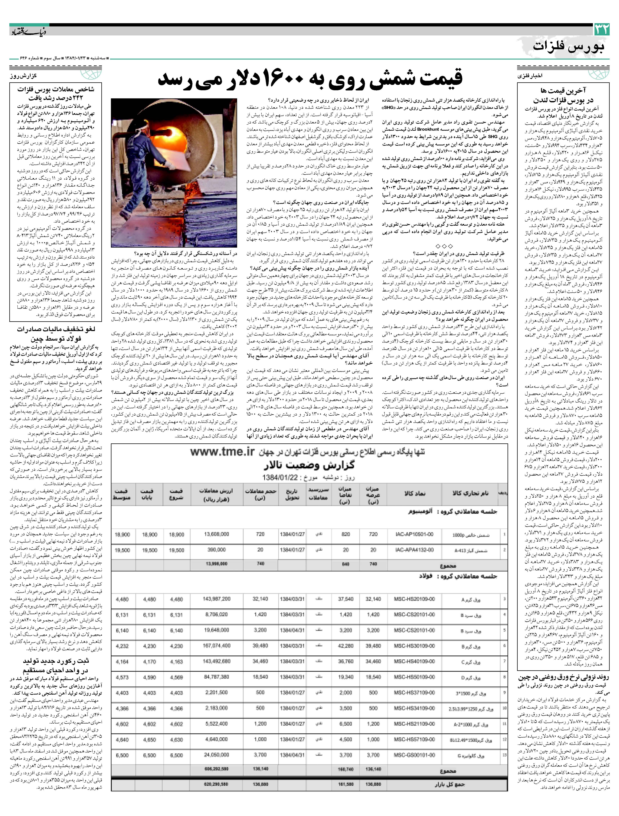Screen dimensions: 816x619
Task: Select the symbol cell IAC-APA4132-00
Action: point(414,550)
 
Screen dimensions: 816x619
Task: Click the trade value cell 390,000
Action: point(216,550)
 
